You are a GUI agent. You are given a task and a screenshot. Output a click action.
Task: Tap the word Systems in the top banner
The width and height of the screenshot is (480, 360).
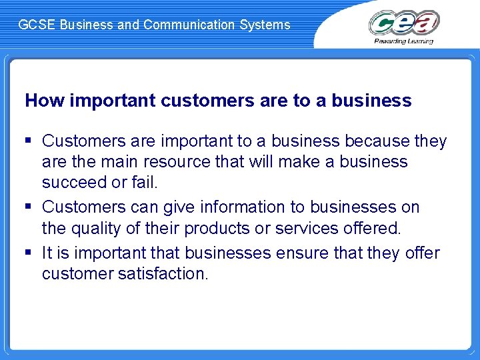(269, 25)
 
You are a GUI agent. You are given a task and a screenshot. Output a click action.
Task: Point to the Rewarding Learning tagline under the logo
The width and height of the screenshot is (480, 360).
(404, 41)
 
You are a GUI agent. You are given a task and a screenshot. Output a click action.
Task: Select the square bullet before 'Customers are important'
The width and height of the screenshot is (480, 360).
(29, 141)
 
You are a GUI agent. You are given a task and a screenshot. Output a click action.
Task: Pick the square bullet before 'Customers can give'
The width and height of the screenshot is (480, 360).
(29, 207)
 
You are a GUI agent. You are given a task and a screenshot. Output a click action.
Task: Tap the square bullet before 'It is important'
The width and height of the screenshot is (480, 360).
(29, 253)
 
